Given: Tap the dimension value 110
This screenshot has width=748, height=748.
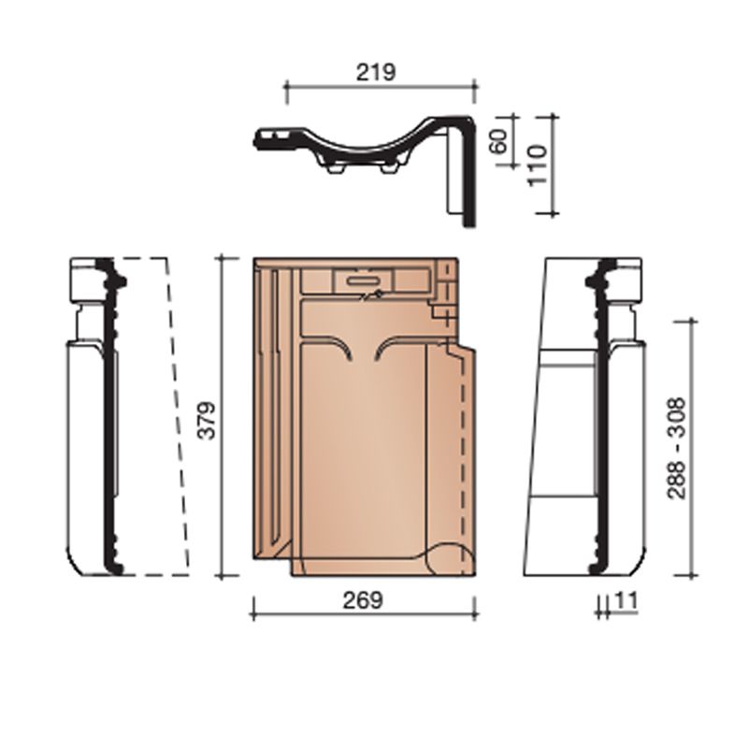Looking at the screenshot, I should point(537,165).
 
